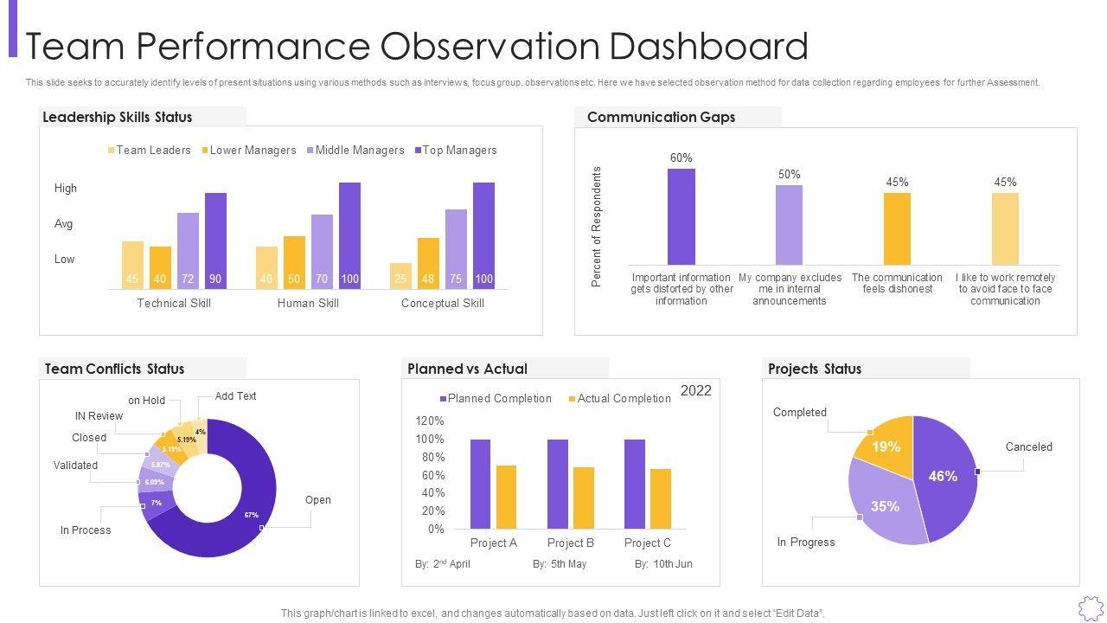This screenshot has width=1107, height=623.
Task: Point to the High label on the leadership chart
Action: pyautogui.click(x=66, y=189)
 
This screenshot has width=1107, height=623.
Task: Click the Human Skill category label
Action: pyautogui.click(x=308, y=304)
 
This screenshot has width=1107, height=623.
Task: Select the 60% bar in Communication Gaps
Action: pyautogui.click(x=681, y=216)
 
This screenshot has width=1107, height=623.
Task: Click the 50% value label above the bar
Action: pyautogui.click(x=789, y=175)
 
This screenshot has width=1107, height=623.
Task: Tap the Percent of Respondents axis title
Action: pyautogui.click(x=596, y=227)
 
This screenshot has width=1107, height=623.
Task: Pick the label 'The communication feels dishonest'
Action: pyautogui.click(x=897, y=284)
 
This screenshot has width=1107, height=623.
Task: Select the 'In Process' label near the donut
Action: pyautogui.click(x=86, y=530)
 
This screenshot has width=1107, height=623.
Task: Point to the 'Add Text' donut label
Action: pyautogui.click(x=235, y=396)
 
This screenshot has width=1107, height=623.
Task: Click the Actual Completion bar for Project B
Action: pyautogui.click(x=584, y=498)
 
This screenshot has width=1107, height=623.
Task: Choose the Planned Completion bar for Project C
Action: pyautogui.click(x=635, y=484)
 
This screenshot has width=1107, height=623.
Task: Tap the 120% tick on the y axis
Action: pyautogui.click(x=430, y=421)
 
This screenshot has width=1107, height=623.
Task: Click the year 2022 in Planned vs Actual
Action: pyautogui.click(x=695, y=391)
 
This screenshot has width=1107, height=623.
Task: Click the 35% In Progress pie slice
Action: pyautogui.click(x=882, y=505)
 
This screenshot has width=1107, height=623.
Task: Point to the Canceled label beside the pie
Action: pyautogui.click(x=1028, y=447)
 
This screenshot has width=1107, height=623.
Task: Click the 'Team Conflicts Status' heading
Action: pyautogui.click(x=114, y=369)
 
